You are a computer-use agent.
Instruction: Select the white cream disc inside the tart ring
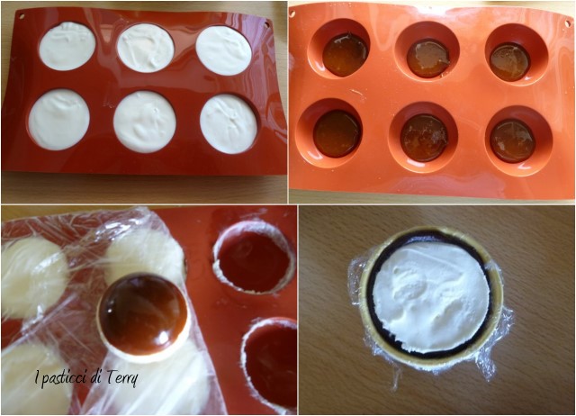click(x=431, y=296)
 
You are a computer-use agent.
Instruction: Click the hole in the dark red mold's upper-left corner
click(x=22, y=16)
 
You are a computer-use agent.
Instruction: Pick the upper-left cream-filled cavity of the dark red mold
click(x=67, y=46)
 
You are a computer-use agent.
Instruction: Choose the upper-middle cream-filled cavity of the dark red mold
click(x=146, y=48)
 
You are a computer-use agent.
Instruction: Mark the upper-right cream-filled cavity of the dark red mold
click(x=223, y=50)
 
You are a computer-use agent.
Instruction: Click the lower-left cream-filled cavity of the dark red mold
click(x=59, y=120)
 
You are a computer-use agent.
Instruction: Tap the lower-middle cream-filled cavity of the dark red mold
click(x=145, y=122)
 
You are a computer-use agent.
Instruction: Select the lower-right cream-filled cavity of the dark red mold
click(x=229, y=124)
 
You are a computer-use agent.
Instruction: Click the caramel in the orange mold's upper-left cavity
click(x=346, y=55)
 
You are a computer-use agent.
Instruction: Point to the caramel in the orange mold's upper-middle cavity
click(x=428, y=59)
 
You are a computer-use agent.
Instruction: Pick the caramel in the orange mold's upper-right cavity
click(x=509, y=62)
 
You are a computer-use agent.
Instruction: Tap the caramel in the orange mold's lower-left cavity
click(x=337, y=134)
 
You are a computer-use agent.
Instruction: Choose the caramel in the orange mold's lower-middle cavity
click(x=424, y=138)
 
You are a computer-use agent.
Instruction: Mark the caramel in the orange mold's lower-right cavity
click(x=512, y=141)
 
